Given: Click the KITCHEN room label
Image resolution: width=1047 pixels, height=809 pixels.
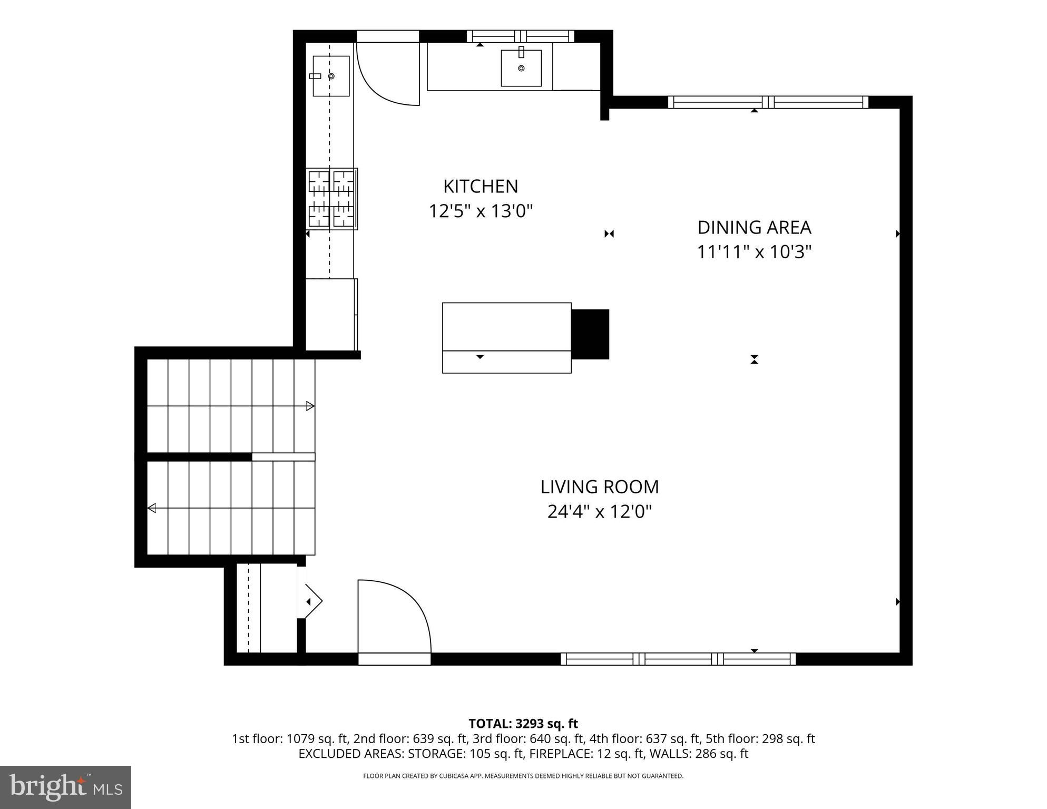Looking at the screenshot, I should [x=480, y=186].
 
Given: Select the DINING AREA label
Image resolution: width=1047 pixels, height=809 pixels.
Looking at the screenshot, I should [x=754, y=227].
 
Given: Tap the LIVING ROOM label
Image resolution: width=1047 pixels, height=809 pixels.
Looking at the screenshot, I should [x=599, y=486].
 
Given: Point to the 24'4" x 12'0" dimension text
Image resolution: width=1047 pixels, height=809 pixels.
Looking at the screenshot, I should [x=599, y=511].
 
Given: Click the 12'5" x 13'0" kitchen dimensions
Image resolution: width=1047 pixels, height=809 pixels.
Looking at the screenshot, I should [x=480, y=211].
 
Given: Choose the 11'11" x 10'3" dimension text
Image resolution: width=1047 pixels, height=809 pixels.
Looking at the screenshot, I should [x=754, y=252].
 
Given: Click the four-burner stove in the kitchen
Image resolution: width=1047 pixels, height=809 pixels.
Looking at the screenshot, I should [x=332, y=199].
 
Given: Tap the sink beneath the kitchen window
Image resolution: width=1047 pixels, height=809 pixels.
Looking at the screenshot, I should [x=521, y=68].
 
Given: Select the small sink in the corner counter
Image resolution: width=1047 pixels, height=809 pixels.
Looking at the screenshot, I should [x=331, y=76].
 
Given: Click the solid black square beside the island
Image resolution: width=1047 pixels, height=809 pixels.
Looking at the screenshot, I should [x=590, y=334].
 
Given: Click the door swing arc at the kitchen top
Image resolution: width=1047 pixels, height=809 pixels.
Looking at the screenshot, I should [x=387, y=74].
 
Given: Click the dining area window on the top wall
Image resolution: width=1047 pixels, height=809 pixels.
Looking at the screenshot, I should [x=768, y=102].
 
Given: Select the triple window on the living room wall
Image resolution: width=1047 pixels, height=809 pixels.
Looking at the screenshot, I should [x=678, y=659].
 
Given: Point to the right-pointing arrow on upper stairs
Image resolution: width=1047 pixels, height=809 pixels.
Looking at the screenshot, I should [x=310, y=406].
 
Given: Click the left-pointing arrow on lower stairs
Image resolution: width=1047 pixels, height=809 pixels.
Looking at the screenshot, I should [x=152, y=508].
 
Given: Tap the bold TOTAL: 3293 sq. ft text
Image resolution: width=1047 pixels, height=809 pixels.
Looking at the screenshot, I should [x=523, y=724].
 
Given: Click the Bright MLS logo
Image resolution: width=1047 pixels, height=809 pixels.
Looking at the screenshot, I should [x=65, y=787].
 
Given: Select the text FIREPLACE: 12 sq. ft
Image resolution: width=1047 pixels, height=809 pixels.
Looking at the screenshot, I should [x=586, y=754].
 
